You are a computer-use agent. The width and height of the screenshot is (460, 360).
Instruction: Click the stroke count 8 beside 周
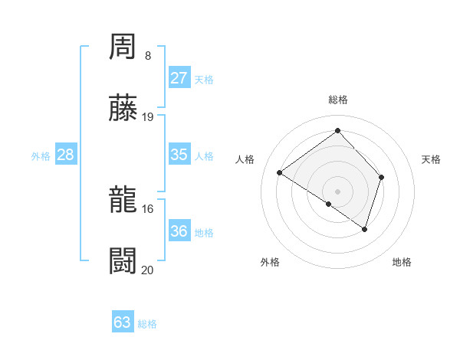point(148,56)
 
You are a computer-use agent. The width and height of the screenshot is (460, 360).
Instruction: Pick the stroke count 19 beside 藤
point(149,117)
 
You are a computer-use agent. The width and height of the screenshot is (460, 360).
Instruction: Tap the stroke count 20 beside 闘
point(149,270)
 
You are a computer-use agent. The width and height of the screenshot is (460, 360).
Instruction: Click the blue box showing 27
point(179,78)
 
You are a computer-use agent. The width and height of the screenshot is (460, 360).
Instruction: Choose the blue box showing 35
point(179,155)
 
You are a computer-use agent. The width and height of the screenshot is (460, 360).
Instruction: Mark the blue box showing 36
point(179,231)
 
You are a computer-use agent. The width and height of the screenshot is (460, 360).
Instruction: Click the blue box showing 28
point(66,155)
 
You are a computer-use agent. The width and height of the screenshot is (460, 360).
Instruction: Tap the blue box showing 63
point(123,322)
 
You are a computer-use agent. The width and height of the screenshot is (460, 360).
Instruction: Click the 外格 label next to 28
point(41,156)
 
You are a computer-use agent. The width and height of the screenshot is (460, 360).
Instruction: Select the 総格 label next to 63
point(147,324)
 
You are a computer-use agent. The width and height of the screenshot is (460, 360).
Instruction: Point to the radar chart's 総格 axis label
point(338,100)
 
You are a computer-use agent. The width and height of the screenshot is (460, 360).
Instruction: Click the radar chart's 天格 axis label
point(432,159)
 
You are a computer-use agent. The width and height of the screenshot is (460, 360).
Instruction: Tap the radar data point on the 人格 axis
point(280,173)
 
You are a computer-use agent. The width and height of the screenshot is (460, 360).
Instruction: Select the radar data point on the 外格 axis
point(329,204)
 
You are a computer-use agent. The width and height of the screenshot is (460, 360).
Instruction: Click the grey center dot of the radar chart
point(338,191)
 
